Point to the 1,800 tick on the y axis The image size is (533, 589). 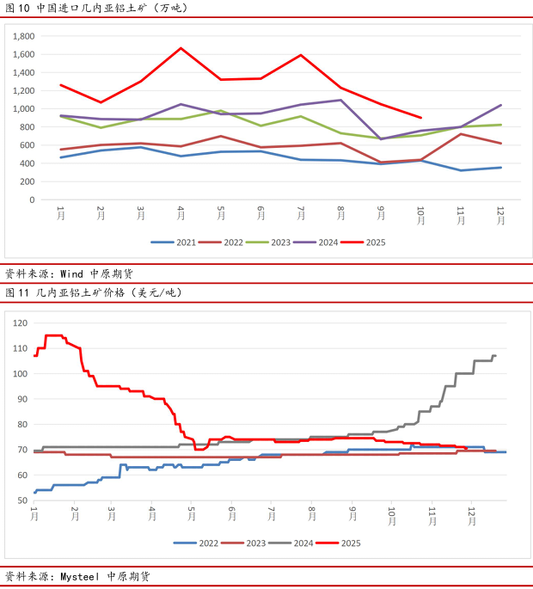point(24,36)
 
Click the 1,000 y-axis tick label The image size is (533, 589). point(24,108)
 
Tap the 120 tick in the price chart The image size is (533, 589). point(20,323)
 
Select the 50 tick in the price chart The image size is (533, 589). point(21,500)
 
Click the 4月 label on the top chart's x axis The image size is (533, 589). point(181,215)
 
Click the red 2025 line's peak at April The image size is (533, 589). point(181,48)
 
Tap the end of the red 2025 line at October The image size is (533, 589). point(420,118)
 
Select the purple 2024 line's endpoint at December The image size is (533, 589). point(500,105)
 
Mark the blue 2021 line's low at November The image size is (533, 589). point(461,170)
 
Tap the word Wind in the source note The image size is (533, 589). point(70,273)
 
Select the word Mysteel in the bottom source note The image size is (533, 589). point(82,576)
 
